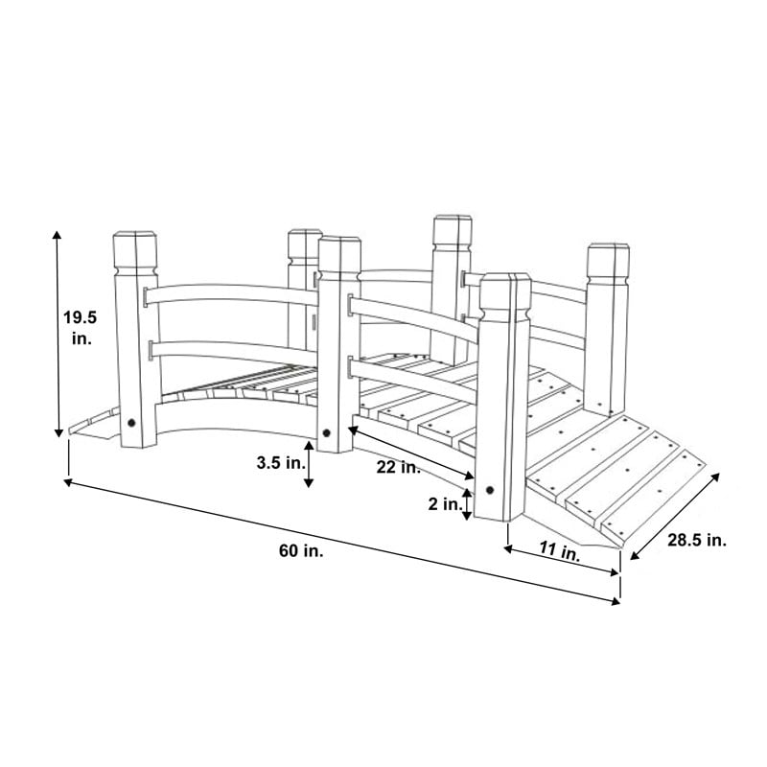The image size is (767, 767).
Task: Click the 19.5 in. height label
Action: pos(80,328)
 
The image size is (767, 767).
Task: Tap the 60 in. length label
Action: pos(301,550)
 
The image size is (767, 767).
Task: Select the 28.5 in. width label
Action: pos(697,540)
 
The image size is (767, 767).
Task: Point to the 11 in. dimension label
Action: pos(560,552)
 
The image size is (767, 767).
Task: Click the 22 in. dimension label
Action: pos(399,468)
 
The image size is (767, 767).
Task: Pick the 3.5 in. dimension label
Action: pos(281,462)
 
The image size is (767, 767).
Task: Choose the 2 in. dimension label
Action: pos(445,504)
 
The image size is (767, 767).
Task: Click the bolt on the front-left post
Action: pos(131,423)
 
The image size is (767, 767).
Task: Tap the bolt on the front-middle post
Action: pos(327,432)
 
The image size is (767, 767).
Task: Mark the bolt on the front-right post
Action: pos(490,490)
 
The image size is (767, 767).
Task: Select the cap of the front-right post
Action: pos(505,297)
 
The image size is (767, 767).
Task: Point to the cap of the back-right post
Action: pos(608,262)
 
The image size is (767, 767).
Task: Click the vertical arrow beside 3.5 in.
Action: pos(308,465)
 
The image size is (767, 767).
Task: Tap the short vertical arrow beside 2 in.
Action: pos(467,504)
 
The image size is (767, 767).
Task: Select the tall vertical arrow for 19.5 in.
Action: pos(58,334)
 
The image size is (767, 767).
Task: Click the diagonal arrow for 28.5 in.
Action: pos(675,517)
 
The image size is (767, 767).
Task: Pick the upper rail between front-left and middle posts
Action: pos(231,294)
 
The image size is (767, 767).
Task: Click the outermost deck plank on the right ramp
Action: pos(655,495)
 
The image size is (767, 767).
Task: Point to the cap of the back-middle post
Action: pos(453,234)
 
